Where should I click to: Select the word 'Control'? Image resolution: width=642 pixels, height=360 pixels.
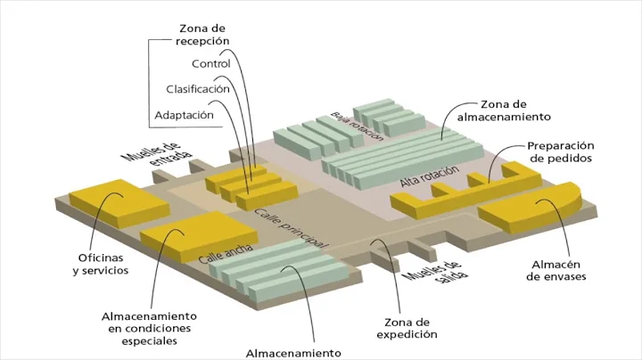click(x=211, y=63)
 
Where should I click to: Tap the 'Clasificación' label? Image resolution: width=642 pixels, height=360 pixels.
click(x=198, y=89)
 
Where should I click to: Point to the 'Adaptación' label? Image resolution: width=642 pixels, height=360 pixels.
click(x=184, y=115)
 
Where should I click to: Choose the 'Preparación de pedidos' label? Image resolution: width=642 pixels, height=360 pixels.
click(x=560, y=151)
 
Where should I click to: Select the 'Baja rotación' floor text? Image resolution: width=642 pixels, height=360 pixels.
click(x=356, y=127)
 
